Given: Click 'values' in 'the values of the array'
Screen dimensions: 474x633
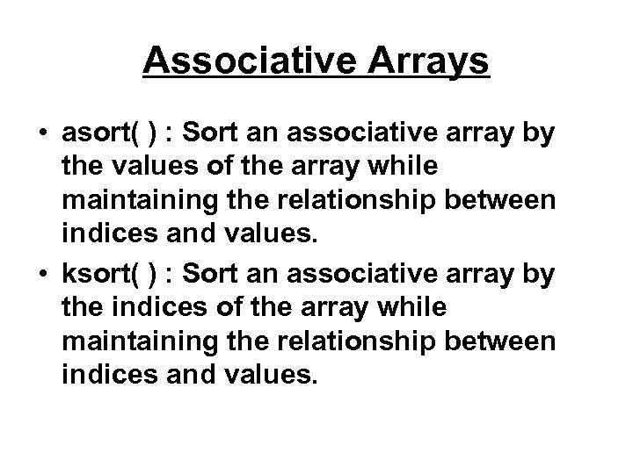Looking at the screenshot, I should point(146,169).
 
